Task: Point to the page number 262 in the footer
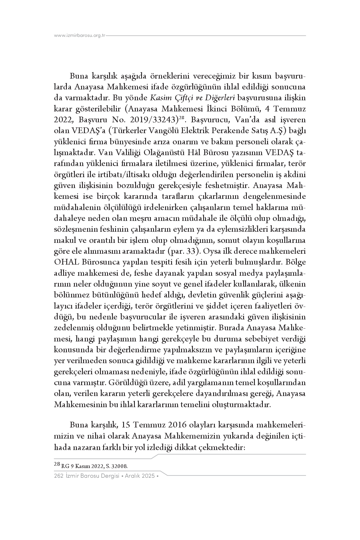[x=58, y=476]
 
